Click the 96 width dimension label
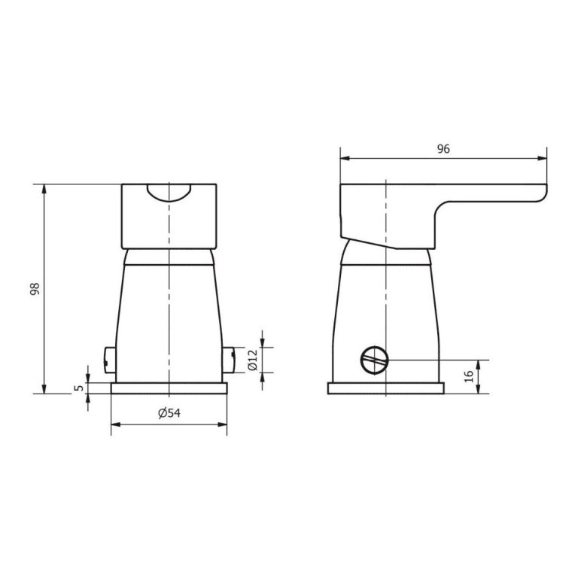[x=443, y=149]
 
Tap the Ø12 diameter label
[x=253, y=360]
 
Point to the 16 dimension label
[x=469, y=376]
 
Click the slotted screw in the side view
[x=374, y=359]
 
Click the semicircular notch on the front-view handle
[x=169, y=193]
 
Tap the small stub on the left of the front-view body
[x=109, y=360]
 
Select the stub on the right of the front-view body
[x=228, y=360]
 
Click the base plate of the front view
[x=169, y=388]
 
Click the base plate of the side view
[x=385, y=388]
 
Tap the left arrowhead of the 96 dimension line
[x=344, y=159]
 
